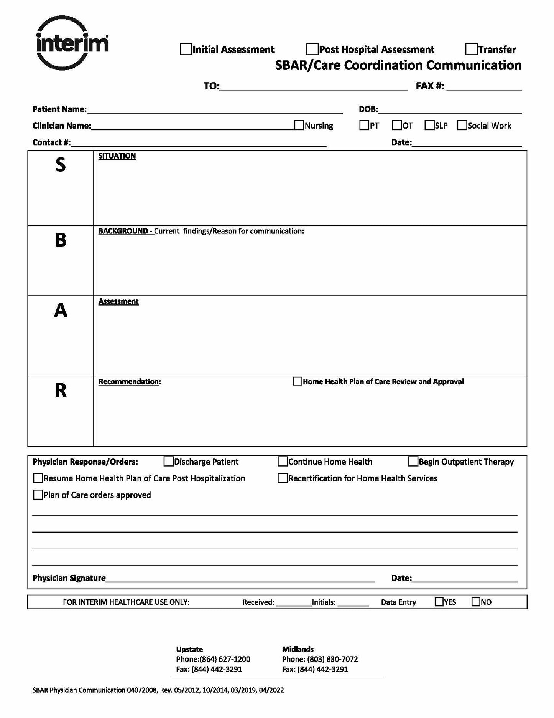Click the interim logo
point(72,43)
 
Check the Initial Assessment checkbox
point(186,50)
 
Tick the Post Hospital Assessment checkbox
point(312,50)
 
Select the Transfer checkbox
point(471,50)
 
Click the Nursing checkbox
point(299,126)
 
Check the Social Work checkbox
point(462,126)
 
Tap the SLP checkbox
point(429,126)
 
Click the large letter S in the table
point(61,165)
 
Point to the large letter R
point(61,390)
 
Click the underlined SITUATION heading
point(117,156)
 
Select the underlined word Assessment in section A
point(118,301)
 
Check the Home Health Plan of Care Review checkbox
point(298,381)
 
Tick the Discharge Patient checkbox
point(168,462)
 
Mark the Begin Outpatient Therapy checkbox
point(413,462)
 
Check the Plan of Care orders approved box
point(38,495)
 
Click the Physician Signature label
point(69,578)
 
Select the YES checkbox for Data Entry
point(439,602)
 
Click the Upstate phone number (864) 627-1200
point(225,659)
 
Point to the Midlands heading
point(298,649)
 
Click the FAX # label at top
point(430,86)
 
